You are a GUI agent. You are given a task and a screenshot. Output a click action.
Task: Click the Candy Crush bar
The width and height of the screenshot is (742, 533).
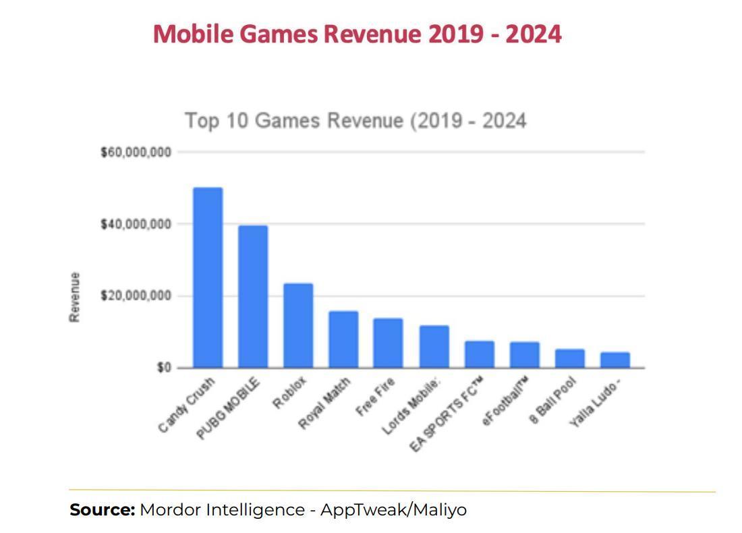coord(208,277)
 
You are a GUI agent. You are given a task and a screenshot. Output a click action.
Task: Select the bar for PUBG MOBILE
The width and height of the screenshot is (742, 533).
coord(253,296)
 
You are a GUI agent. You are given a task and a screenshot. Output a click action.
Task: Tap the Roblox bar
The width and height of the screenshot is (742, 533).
coord(297,325)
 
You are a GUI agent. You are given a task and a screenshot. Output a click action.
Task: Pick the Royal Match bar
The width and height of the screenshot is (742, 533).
coord(343,339)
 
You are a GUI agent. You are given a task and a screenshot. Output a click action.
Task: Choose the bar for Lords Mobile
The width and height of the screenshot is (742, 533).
coord(434,347)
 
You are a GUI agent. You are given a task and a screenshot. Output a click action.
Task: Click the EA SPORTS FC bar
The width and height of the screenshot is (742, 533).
coord(479,354)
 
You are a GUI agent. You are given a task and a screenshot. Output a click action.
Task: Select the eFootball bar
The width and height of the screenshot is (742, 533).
coord(524,355)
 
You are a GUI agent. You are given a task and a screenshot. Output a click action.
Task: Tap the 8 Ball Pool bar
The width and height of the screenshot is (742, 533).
coord(569,358)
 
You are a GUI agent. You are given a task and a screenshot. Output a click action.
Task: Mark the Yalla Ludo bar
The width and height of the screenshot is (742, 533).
coord(615,360)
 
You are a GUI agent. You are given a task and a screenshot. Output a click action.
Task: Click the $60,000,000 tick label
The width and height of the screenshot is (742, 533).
coord(136,152)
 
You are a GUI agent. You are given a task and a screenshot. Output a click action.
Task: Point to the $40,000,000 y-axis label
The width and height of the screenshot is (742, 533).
coord(136,224)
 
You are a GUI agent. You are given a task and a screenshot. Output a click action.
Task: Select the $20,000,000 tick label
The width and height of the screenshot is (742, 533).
coord(136,296)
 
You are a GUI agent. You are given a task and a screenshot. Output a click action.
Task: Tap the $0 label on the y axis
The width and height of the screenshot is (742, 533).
coord(164,368)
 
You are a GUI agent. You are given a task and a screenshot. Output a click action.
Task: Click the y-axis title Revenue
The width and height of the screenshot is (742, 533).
coord(75,297)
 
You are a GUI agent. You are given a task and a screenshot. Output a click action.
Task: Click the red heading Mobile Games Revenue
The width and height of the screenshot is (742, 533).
coord(357,33)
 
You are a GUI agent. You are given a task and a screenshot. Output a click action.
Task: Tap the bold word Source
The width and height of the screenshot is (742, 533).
coord(103,509)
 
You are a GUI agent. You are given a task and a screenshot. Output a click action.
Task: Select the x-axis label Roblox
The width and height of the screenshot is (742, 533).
coord(291,393)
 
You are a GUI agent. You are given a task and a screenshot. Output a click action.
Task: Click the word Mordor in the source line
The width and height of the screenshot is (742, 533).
coord(170,509)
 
